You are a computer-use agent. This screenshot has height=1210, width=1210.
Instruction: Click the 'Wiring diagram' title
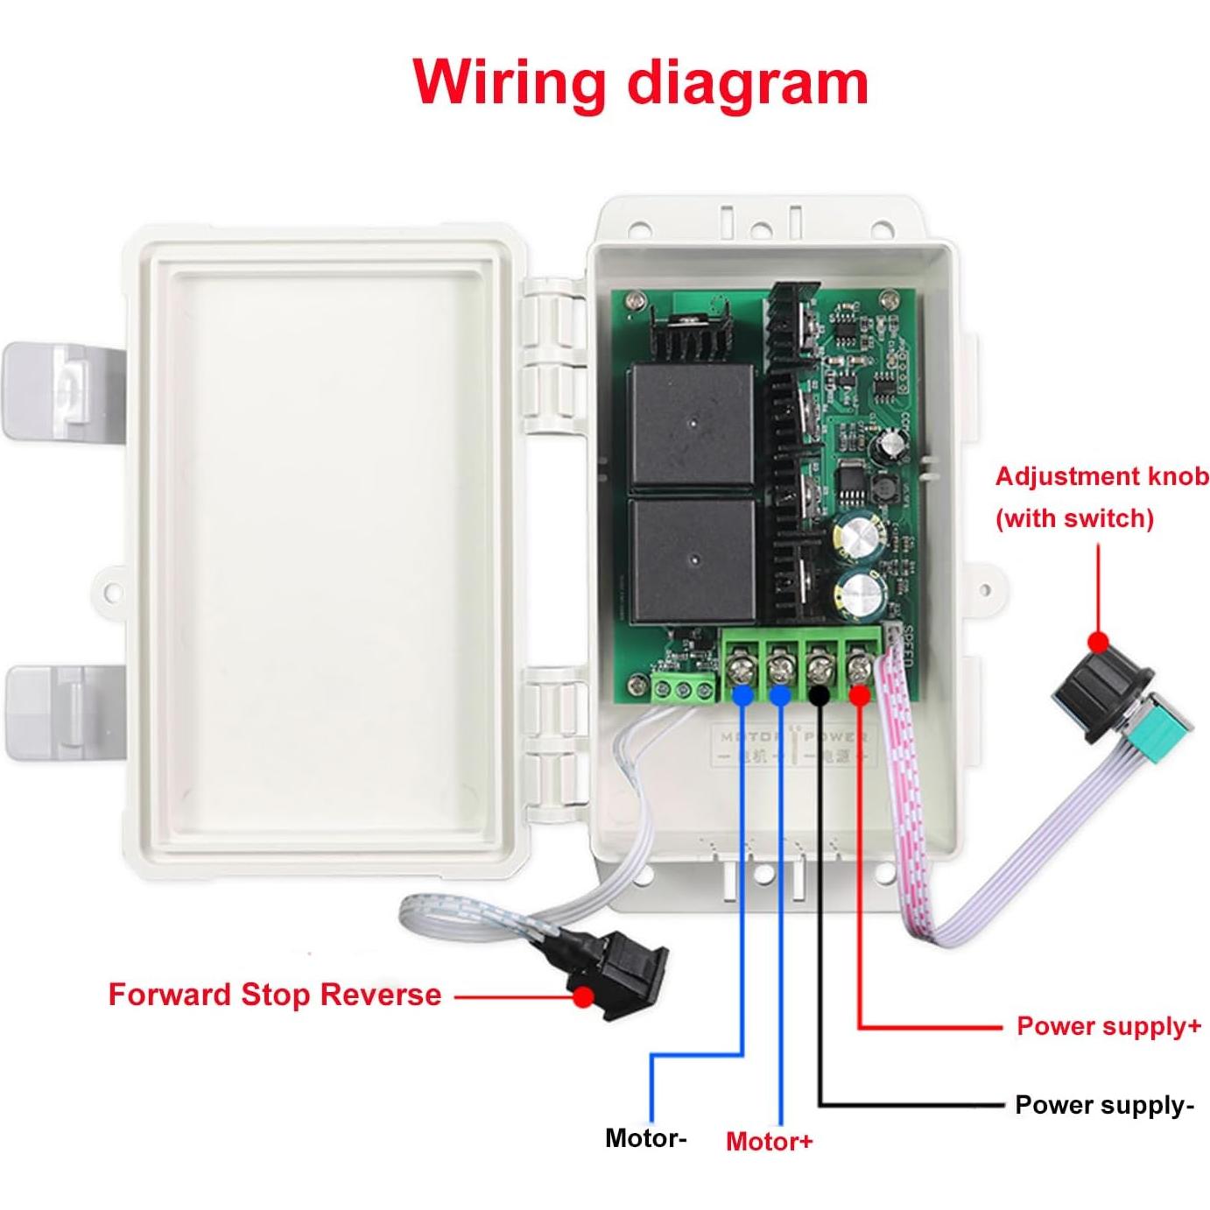click(x=641, y=81)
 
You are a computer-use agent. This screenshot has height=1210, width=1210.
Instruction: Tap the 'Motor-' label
click(x=645, y=1138)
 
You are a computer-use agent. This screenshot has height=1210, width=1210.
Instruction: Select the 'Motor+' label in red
click(x=770, y=1141)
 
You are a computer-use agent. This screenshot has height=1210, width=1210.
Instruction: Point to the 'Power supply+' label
click(x=1108, y=1026)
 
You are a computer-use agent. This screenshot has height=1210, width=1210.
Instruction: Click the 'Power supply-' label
click(x=1104, y=1105)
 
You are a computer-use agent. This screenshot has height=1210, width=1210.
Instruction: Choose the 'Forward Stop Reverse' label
click(x=275, y=995)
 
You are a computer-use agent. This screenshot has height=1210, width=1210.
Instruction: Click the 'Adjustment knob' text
click(x=1101, y=477)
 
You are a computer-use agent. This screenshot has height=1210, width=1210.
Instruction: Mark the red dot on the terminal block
click(x=859, y=695)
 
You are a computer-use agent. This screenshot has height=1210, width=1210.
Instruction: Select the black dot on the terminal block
click(x=820, y=695)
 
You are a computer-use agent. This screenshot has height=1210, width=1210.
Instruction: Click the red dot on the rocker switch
click(x=582, y=995)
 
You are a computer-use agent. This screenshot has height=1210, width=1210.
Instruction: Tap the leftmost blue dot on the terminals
click(x=742, y=695)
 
